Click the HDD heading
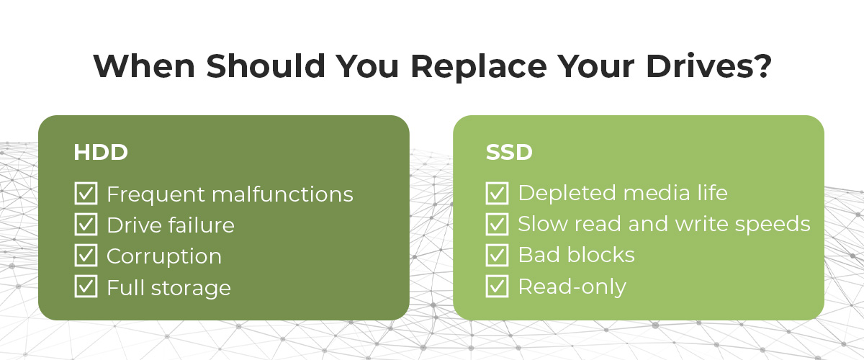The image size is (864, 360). [101, 153]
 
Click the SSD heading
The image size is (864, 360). [510, 153]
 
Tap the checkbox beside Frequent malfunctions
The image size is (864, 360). [86, 194]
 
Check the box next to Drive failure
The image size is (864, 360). [86, 225]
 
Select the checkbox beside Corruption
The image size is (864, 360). [86, 256]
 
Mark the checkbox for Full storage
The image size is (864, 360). [86, 287]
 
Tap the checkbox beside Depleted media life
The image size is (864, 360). [498, 193]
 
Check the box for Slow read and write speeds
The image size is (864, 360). [498, 224]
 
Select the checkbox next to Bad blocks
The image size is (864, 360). [498, 255]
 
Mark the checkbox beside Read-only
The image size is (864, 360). [498, 286]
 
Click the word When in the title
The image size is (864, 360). [144, 66]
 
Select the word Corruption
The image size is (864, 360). [164, 256]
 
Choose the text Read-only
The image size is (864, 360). [572, 287]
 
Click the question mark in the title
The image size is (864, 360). [761, 66]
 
